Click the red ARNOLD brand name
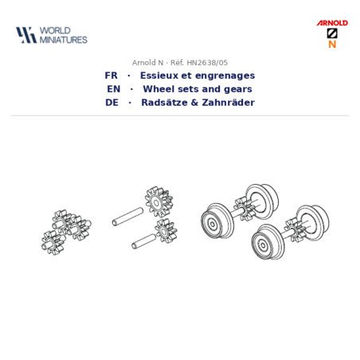[x=332, y=23]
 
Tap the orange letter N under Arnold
[x=332, y=44]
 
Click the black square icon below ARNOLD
[x=332, y=33]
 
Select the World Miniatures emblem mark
[x=26, y=35]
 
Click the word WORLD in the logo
[x=55, y=30]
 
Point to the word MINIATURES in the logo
[x=64, y=40]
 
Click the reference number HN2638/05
[x=207, y=63]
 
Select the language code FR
[x=111, y=76]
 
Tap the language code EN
[x=114, y=89]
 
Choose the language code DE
[x=112, y=103]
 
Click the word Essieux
[x=159, y=76]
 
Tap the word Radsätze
[x=164, y=103]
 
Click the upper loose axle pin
[x=127, y=217]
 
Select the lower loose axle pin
[x=143, y=241]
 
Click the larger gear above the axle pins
[x=158, y=202]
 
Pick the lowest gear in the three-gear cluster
[x=53, y=242]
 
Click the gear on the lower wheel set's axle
[x=294, y=230]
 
